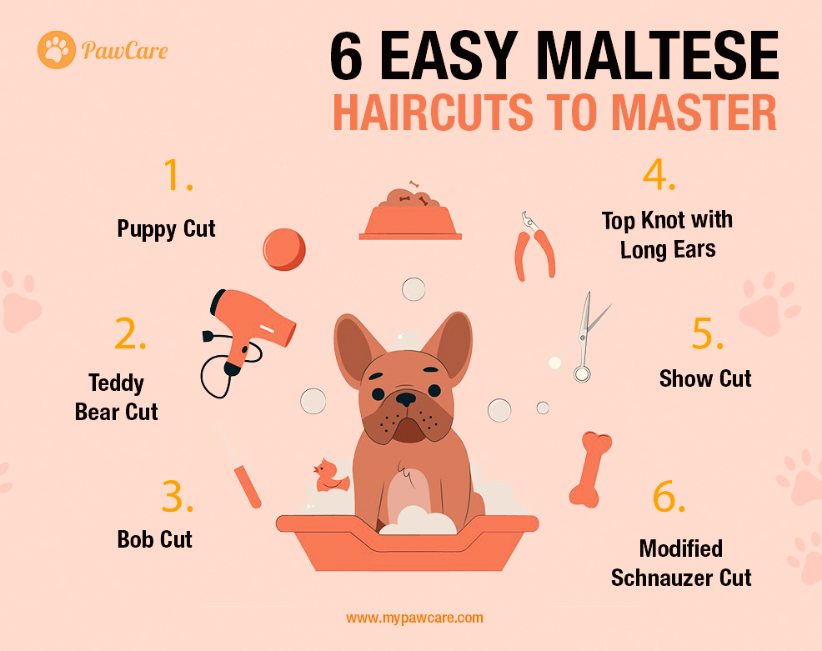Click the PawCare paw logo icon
click(57, 50)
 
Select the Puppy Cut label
click(166, 229)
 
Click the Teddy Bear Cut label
click(117, 398)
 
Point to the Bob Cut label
click(155, 539)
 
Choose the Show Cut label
click(705, 378)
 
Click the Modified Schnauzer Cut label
click(681, 563)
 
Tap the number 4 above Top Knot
click(659, 174)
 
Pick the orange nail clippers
click(534, 247)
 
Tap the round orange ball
click(284, 249)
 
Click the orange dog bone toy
click(591, 469)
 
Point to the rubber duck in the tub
click(330, 475)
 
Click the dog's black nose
click(406, 399)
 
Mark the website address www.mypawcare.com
click(414, 618)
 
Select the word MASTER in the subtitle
click(694, 113)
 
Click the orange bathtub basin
click(408, 543)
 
